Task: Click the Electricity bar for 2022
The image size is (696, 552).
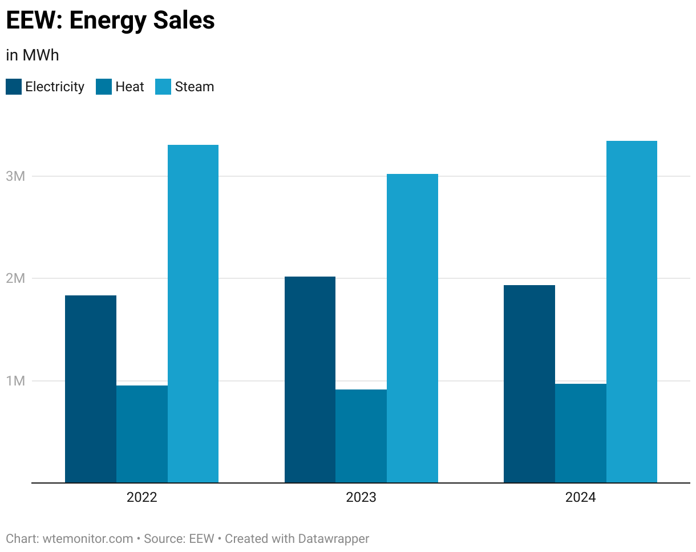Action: (x=91, y=389)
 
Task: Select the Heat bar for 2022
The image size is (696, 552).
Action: (x=142, y=434)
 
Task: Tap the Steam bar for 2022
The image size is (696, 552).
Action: (x=193, y=314)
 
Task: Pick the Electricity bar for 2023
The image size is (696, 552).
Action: (x=310, y=380)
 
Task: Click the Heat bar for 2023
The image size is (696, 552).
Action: (x=361, y=436)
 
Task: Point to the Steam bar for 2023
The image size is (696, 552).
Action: (x=412, y=328)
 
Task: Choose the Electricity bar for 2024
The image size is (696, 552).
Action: (x=529, y=384)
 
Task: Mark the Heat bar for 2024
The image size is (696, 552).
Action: (x=581, y=433)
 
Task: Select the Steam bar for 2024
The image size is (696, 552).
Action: (x=632, y=312)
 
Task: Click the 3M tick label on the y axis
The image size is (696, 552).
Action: (x=15, y=176)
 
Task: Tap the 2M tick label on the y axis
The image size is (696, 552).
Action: (x=15, y=278)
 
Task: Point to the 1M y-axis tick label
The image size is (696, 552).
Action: (x=15, y=381)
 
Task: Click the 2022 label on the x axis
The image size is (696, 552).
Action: (x=141, y=497)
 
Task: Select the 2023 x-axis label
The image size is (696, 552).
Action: (x=361, y=497)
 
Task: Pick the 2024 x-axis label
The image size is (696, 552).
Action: (x=581, y=497)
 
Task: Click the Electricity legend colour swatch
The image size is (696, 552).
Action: (x=14, y=87)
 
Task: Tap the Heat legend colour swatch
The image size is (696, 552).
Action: (x=104, y=87)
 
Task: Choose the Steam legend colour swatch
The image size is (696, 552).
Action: (x=163, y=87)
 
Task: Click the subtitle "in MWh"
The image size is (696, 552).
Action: (x=33, y=55)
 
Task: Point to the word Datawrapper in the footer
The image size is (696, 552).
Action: (x=333, y=539)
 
